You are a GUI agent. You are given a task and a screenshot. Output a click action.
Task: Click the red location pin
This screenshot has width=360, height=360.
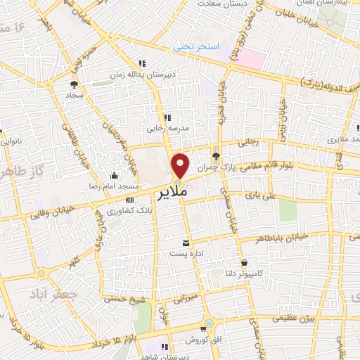click(181, 165)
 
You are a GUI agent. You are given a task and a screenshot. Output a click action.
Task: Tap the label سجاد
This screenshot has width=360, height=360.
click(75, 94)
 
